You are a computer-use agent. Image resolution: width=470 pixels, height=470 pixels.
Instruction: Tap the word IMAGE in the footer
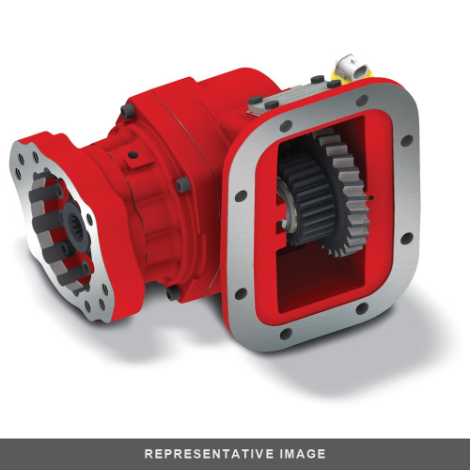300,453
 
